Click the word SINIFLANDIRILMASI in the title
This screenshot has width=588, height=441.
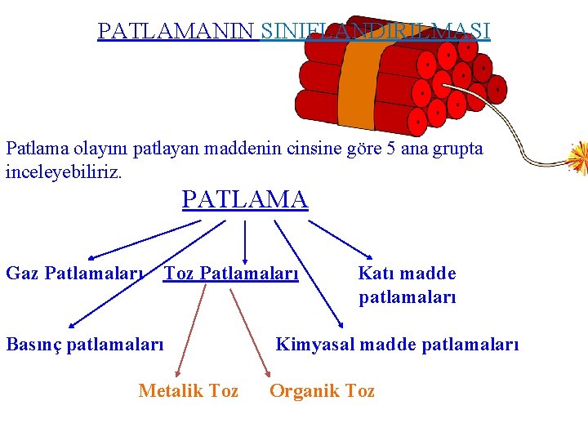376,31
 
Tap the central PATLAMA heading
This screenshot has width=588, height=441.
245,199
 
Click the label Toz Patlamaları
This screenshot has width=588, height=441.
231,273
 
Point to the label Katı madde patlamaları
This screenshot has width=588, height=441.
407,285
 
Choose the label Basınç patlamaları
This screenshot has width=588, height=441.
85,344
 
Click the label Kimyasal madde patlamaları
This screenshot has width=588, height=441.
397,344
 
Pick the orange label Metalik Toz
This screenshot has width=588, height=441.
189,391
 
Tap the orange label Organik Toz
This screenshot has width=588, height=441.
322,391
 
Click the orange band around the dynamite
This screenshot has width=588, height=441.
358,82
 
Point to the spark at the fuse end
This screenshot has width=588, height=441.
579,158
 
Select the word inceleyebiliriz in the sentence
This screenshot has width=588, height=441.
64,172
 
